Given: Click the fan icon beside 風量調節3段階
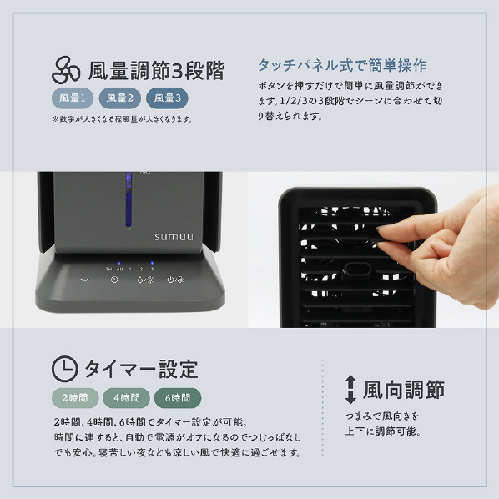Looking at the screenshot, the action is point(66,70).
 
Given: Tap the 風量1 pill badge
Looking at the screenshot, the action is point(73,98).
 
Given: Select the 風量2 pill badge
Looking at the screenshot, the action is point(120,98).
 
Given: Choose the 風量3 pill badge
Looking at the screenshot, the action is point(167,98).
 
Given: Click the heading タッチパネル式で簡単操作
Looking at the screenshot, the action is point(342,65).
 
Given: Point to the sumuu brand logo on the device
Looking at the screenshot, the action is point(174,237).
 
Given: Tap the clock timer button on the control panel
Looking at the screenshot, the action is point(114,280).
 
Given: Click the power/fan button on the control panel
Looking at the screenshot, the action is point(176,280).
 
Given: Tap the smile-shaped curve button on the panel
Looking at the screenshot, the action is point(84,280).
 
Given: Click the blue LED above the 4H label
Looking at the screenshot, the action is point(119,263).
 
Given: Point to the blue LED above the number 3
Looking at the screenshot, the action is point(152,263).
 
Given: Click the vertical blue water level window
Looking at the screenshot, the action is point(129,199).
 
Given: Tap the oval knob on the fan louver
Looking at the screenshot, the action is point(358,269).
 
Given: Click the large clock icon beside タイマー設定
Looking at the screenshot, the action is point(64,369).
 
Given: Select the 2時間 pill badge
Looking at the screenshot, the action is point(75,398).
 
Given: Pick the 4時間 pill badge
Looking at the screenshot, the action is point(126,398).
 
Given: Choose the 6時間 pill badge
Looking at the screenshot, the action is point(178,398).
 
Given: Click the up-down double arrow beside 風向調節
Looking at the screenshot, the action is point(350,390).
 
